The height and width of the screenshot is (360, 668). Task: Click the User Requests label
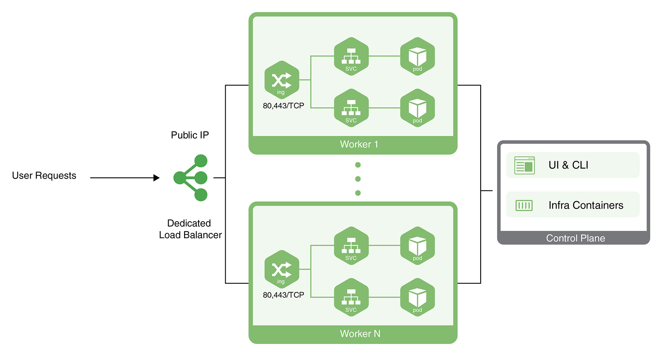click(x=44, y=176)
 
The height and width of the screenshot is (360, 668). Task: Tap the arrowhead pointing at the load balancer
click(x=157, y=178)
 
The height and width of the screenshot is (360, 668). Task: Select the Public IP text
click(x=190, y=135)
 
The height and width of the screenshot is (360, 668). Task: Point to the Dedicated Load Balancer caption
click(x=190, y=229)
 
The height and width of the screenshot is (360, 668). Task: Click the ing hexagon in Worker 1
click(x=282, y=80)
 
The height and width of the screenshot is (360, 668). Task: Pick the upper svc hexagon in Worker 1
click(x=351, y=56)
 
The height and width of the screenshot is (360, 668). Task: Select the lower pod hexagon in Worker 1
click(x=417, y=108)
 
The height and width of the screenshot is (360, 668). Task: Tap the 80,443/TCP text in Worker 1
click(x=284, y=106)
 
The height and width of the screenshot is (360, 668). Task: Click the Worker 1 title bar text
click(x=359, y=144)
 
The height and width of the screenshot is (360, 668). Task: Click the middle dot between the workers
click(x=358, y=179)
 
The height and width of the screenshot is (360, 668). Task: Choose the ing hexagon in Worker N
click(x=282, y=269)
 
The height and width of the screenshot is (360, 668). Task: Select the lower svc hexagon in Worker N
click(x=351, y=297)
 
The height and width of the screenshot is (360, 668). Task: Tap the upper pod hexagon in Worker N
click(x=417, y=246)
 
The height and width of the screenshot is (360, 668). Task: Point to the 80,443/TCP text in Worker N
click(x=284, y=295)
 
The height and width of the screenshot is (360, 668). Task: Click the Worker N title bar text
click(x=360, y=334)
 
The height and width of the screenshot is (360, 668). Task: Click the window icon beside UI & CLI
click(x=524, y=165)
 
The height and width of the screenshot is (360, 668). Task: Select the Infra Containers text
click(x=586, y=205)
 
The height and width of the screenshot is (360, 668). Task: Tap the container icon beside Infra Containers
click(x=524, y=205)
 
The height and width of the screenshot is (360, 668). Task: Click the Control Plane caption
click(x=575, y=238)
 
